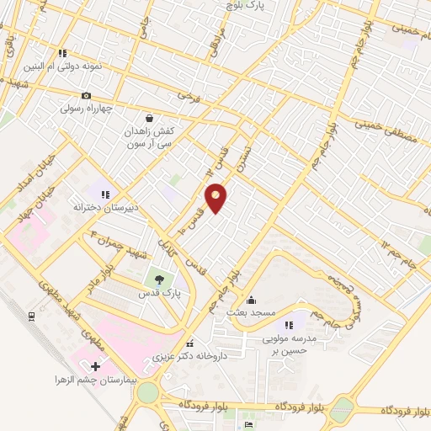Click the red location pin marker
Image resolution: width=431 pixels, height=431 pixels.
tap(216, 197)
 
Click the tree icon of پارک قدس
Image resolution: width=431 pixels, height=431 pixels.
tap(157, 279)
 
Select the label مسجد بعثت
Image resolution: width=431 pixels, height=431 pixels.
tap(250, 311)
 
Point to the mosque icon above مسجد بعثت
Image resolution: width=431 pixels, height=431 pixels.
tap(250, 299)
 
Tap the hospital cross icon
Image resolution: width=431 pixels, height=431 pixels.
tap(94, 366)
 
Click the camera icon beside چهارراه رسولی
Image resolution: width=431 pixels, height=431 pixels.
tap(86, 95)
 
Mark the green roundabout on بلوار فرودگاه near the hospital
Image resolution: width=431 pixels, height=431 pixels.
tap(149, 393)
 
